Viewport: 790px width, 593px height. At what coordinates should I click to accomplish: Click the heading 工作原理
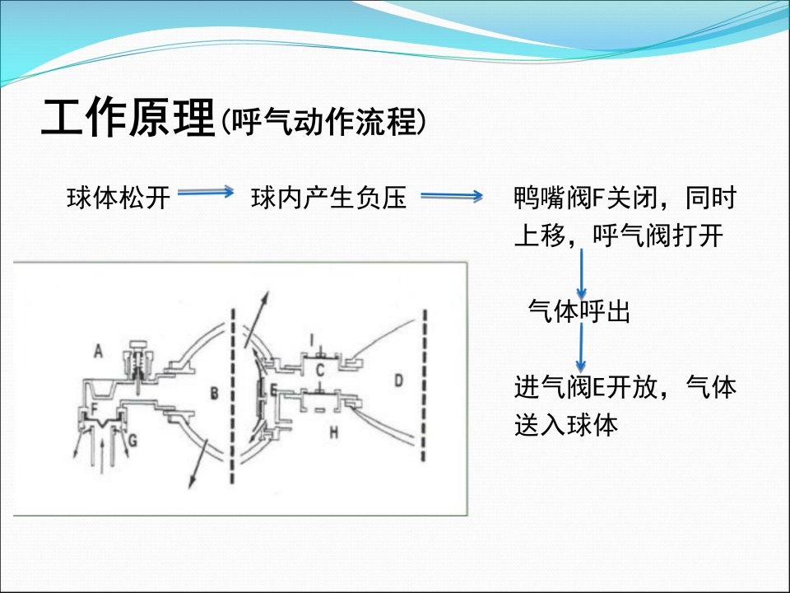point(128,118)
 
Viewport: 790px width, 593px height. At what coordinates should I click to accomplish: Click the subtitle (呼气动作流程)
point(323,122)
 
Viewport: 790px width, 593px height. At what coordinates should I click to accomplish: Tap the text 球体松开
point(118,197)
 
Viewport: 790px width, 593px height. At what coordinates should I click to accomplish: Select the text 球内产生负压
point(328,197)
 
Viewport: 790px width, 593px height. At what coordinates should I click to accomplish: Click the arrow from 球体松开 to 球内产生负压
point(206,192)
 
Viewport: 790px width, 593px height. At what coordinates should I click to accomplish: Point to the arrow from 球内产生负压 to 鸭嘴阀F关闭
point(452,196)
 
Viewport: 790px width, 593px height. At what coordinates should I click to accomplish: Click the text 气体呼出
point(579,311)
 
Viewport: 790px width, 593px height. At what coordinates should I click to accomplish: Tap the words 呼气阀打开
point(658,236)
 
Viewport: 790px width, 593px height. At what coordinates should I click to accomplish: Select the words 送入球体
point(566,425)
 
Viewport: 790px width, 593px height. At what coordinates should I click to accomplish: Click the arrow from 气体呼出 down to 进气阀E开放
point(581,348)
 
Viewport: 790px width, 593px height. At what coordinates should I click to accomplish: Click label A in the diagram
point(98,351)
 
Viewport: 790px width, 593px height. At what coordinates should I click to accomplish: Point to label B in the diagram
point(214,394)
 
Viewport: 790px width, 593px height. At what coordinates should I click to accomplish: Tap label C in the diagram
point(319,371)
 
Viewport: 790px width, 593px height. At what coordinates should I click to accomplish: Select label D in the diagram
point(398,380)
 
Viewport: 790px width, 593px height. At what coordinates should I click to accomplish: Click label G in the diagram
point(132,440)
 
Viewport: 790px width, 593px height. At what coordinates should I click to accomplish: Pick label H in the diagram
point(333,432)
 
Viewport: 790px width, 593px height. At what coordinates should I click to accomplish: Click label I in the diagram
point(311,340)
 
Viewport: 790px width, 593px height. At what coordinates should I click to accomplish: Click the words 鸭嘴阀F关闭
point(586,197)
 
